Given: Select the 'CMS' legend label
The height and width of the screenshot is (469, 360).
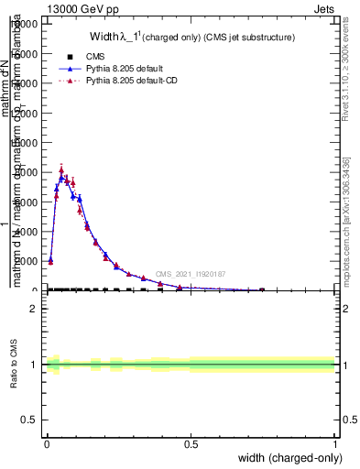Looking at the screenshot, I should (x=94, y=56).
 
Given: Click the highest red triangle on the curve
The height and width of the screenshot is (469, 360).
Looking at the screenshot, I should (x=61, y=169).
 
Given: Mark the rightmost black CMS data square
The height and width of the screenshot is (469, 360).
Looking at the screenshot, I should (x=262, y=289).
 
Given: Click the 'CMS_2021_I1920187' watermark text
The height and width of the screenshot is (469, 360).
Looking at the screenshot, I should (x=190, y=274).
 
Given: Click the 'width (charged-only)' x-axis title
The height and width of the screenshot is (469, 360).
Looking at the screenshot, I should (x=287, y=457).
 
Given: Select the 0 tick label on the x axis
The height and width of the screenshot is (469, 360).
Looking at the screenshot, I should (x=47, y=444).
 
